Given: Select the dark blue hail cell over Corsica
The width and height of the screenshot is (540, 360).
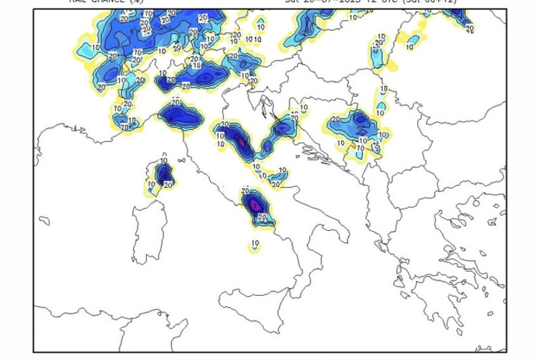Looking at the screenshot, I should (x=164, y=173).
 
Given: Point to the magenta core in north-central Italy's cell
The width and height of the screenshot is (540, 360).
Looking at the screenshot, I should (x=241, y=143).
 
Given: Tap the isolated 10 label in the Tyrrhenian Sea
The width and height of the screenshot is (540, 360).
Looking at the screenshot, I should (x=255, y=244).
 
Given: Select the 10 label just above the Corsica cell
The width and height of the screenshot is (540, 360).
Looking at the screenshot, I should (x=164, y=160).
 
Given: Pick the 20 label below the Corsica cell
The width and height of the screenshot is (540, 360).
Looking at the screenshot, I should (x=168, y=185).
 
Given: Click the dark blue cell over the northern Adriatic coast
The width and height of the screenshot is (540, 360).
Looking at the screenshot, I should (x=282, y=128).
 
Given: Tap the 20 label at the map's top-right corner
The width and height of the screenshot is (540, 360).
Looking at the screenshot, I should (x=469, y=29).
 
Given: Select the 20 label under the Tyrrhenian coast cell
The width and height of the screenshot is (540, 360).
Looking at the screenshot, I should (x=262, y=218).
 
